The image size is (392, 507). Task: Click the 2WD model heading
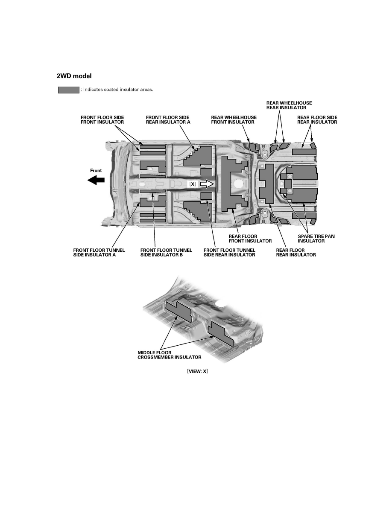tap(74, 76)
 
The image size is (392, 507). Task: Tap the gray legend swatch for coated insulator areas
tap(69, 90)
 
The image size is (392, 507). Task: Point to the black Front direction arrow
tap(96, 180)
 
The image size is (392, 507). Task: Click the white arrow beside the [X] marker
tap(207, 184)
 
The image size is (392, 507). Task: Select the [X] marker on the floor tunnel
tap(193, 184)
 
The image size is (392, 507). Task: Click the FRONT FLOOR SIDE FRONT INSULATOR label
tap(102, 119)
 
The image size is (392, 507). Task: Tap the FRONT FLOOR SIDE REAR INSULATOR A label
tap(168, 119)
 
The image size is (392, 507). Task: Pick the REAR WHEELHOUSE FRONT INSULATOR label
tap(234, 119)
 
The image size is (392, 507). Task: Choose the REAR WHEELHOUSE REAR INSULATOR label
tap(289, 105)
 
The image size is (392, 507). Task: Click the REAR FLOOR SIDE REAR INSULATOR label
tap(317, 119)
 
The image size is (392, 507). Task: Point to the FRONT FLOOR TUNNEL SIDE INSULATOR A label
tap(99, 253)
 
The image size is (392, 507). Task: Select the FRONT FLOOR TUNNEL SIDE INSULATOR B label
tap(166, 253)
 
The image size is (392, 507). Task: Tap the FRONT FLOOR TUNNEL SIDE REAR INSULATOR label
tap(229, 253)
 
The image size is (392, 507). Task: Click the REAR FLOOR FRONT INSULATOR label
tap(250, 239)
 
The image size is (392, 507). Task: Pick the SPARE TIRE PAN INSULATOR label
tap(316, 239)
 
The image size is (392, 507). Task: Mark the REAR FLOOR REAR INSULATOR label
tap(296, 253)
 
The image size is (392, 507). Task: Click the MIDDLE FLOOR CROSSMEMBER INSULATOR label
tap(169, 355)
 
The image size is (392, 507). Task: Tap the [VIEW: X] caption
tap(197, 371)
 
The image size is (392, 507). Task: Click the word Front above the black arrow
tap(96, 170)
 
